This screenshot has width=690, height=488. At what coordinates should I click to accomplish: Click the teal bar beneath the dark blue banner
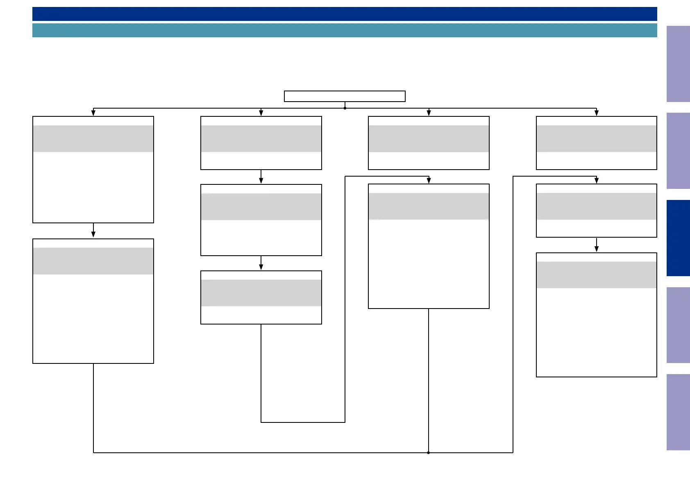point(344,30)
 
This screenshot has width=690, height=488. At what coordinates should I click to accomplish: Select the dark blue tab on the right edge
point(678,238)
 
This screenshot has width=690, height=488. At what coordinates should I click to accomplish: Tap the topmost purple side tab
point(678,64)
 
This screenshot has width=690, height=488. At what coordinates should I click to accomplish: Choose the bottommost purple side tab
point(678,412)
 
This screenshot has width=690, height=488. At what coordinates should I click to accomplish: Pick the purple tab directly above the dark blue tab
point(678,150)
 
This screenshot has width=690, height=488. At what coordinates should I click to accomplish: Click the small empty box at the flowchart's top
point(345,96)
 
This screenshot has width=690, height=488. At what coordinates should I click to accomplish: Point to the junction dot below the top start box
point(345,108)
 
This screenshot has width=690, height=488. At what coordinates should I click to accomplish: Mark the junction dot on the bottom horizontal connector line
point(429,453)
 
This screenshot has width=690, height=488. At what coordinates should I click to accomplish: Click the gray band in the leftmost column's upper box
point(93,138)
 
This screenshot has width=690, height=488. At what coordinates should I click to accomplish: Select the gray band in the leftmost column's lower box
point(93,261)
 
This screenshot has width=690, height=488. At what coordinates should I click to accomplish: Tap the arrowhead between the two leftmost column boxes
point(93,234)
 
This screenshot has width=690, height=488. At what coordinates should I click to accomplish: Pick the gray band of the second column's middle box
point(261,207)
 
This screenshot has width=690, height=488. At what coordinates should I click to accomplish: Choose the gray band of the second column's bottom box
point(261,293)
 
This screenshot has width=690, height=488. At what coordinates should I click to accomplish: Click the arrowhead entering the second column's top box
point(261,113)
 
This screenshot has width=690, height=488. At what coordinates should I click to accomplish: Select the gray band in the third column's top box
point(429,138)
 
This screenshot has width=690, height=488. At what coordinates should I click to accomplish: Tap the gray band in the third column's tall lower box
point(429,206)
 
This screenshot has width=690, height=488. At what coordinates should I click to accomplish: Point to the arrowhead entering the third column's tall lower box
point(429,180)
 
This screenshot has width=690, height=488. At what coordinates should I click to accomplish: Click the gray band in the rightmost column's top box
point(596,138)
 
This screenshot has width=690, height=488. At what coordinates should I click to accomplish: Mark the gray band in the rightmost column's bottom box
point(596,275)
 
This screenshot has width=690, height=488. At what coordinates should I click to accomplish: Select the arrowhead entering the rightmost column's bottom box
point(597,249)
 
